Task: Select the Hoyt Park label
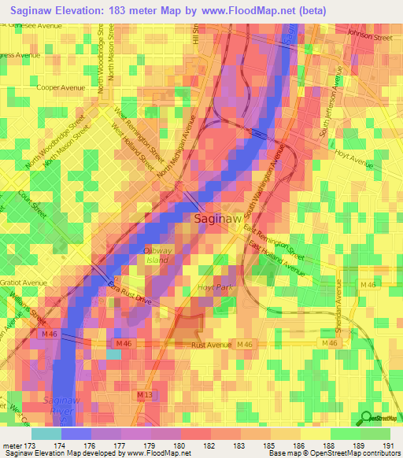click(212, 288)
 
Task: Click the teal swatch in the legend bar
click(46, 433)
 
